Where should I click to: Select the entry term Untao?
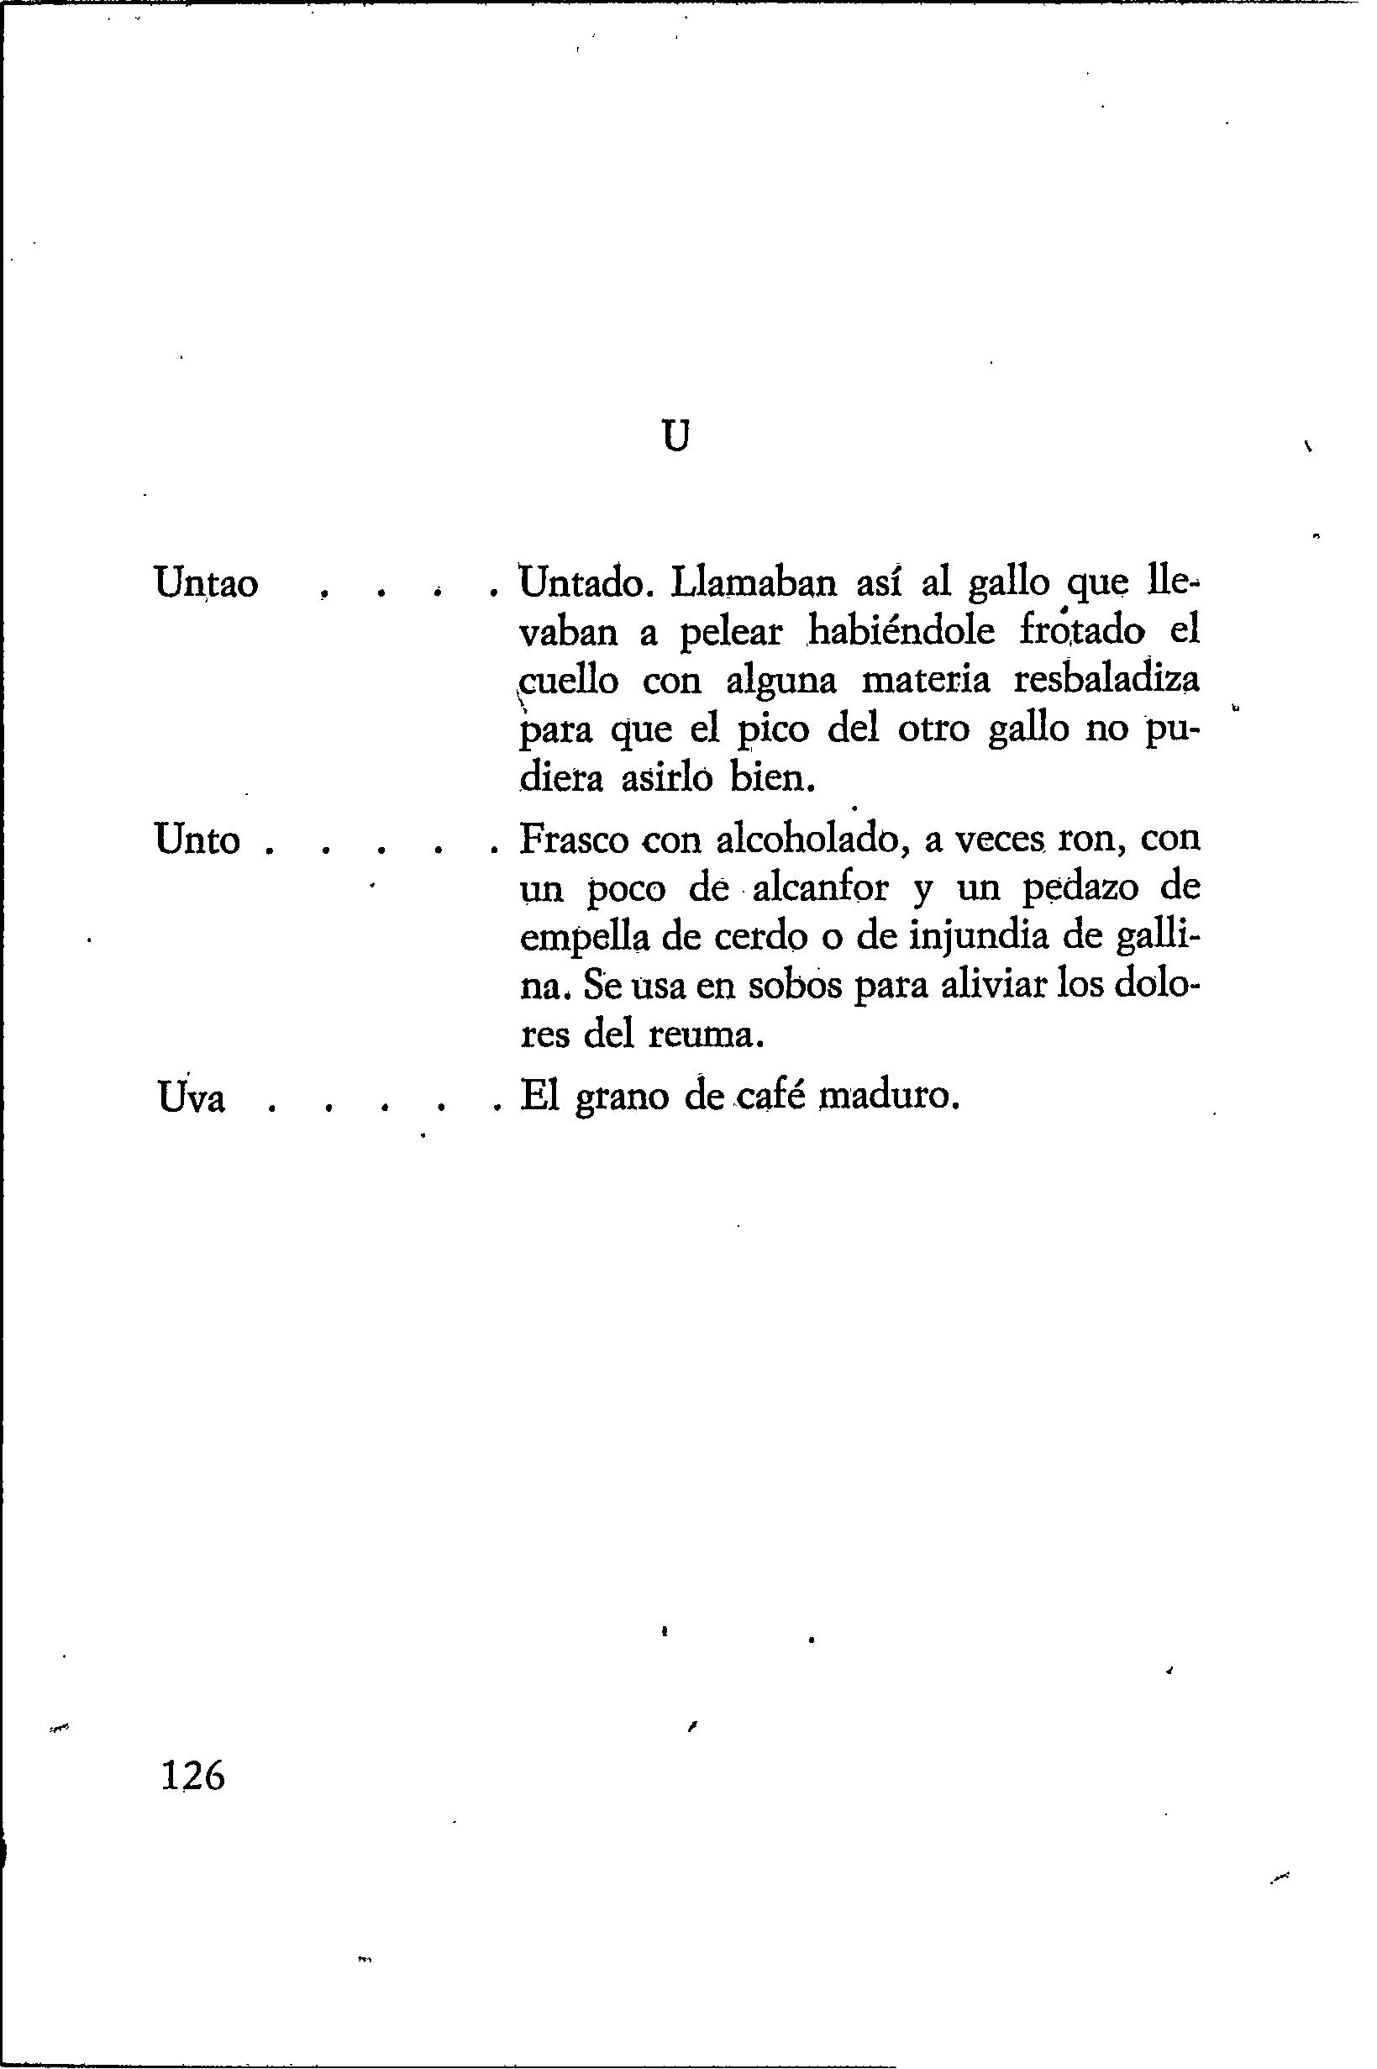pyautogui.click(x=207, y=583)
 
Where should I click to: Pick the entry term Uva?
pyautogui.click(x=192, y=1098)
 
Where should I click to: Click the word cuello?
pyautogui.click(x=568, y=682)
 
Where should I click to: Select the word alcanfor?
pyautogui.click(x=821, y=889)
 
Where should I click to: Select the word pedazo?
pyautogui.click(x=1081, y=890)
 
